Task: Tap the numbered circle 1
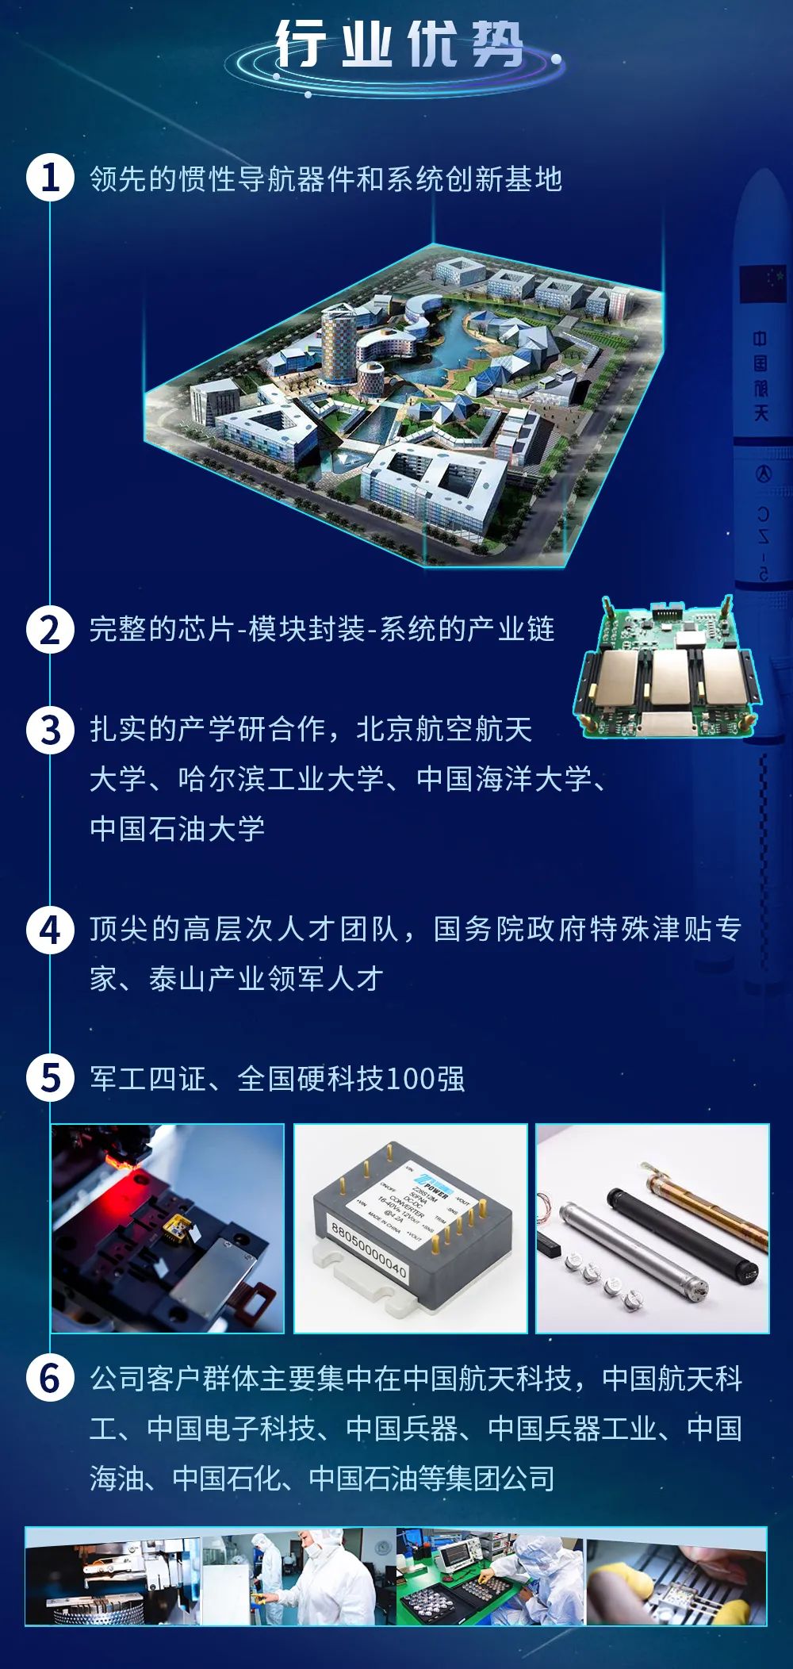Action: [x=50, y=178]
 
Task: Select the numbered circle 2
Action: [x=50, y=630]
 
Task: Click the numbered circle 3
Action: [x=50, y=730]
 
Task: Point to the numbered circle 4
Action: [x=50, y=929]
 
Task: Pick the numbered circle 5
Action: [x=50, y=1078]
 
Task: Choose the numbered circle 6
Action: [x=50, y=1379]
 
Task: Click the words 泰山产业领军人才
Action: [x=266, y=979]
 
